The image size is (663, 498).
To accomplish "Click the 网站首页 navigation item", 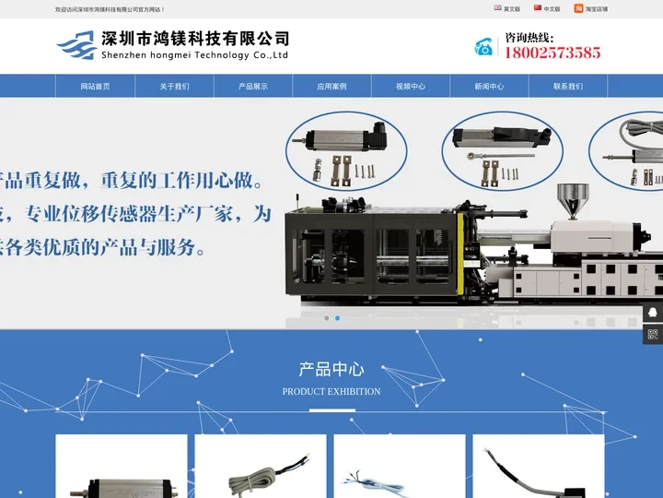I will (x=95, y=86).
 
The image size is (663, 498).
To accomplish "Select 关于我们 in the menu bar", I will (x=174, y=86).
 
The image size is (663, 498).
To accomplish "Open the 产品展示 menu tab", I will (x=253, y=86).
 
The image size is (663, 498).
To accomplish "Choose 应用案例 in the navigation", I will (x=331, y=86).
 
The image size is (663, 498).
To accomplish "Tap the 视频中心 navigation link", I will (x=411, y=86).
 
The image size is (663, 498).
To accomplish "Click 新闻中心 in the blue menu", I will (x=489, y=86).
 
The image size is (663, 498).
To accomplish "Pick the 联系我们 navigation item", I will (x=568, y=86).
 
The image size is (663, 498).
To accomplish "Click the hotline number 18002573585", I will (x=552, y=53).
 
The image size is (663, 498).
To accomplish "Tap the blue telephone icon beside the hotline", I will (x=484, y=47).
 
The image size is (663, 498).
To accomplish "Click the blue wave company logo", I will (x=76, y=44).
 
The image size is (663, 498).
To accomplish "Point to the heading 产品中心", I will (x=331, y=370).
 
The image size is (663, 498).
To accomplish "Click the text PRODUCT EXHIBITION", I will (x=331, y=391).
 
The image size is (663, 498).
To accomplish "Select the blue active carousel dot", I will (x=337, y=318).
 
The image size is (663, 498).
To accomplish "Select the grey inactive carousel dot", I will (x=326, y=318).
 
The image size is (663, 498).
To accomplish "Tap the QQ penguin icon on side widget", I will (x=653, y=312).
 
